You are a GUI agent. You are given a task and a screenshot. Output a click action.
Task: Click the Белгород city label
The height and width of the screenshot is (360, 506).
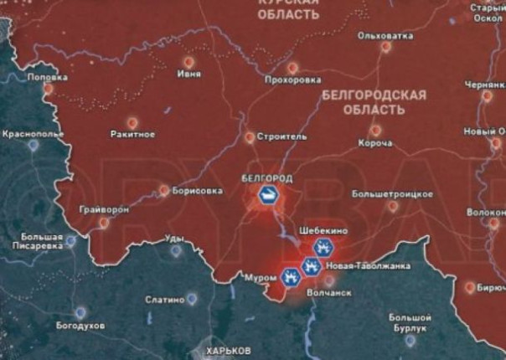coord(266,178)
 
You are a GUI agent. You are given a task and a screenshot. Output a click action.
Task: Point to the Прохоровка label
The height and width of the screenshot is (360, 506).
coord(292,80)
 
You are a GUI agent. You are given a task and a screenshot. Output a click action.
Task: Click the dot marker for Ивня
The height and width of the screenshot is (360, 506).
coord(189,61)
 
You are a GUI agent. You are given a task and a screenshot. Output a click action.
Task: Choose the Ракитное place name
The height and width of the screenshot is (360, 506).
coord(132,134)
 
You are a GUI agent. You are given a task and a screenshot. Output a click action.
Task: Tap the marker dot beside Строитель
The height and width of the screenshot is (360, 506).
coord(249,136)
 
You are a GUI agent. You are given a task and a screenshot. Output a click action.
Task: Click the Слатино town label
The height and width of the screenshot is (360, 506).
coord(163,299)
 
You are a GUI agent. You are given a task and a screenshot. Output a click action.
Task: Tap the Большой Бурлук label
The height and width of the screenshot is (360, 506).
coord(410,323)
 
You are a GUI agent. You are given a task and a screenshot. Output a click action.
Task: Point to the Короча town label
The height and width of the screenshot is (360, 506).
coord(374,143)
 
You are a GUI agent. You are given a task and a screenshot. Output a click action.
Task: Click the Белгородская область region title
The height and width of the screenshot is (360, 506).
coord(374,102)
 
